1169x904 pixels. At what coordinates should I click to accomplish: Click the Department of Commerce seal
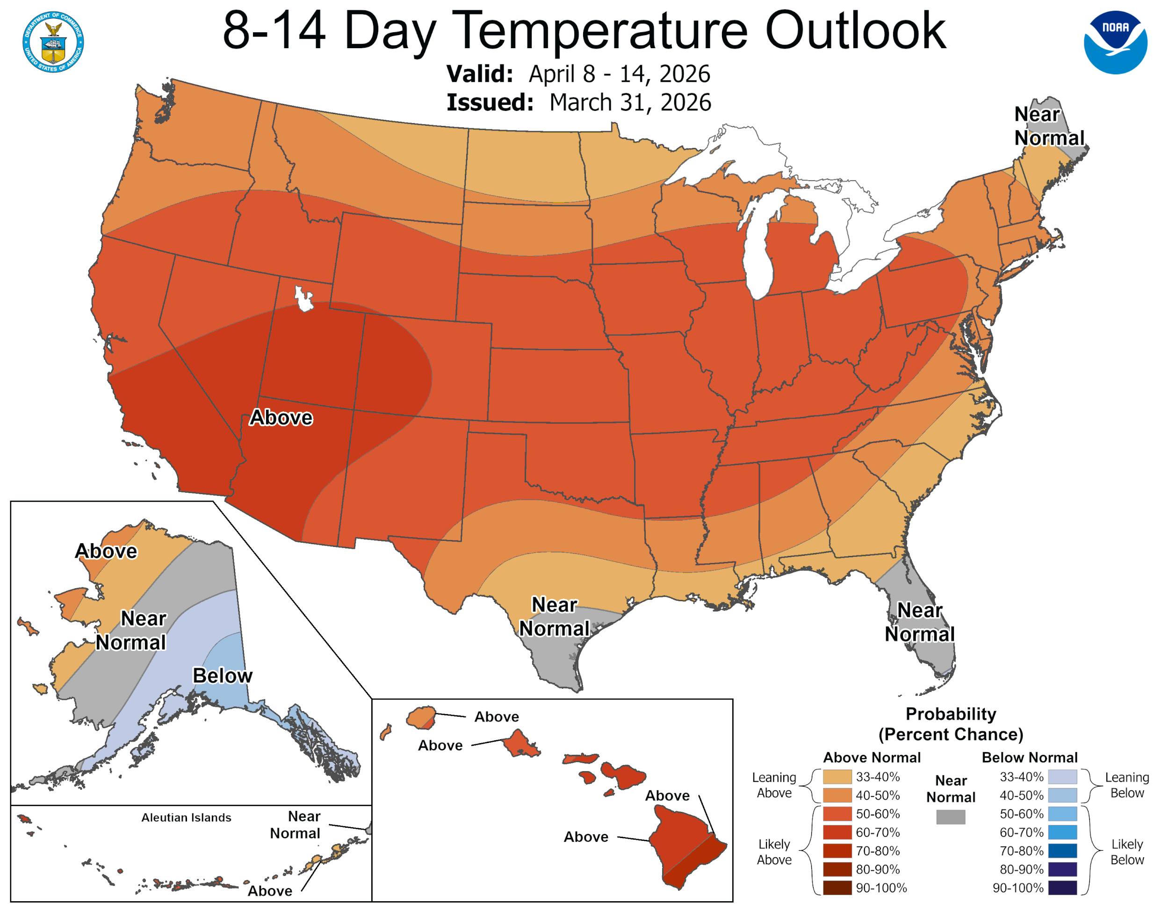click(x=53, y=42)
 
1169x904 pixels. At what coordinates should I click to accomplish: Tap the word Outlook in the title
click(x=855, y=31)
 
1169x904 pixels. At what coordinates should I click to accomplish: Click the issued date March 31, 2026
click(x=630, y=102)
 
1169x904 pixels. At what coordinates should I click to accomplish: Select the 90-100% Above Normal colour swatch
click(x=837, y=888)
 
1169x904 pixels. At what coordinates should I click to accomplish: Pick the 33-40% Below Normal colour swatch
click(x=1062, y=777)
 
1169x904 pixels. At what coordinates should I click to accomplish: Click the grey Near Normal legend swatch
click(x=951, y=817)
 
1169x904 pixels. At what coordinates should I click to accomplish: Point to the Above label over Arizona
click(x=281, y=417)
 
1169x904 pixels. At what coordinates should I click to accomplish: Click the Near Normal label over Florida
click(x=920, y=622)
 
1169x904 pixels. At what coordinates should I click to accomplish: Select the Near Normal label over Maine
click(x=1048, y=126)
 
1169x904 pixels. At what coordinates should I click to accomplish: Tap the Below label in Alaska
click(x=222, y=675)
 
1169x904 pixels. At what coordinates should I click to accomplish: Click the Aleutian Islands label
click(x=186, y=817)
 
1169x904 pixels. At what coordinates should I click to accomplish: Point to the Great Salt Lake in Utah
click(x=303, y=299)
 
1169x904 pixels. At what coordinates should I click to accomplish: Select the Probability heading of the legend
click(x=951, y=714)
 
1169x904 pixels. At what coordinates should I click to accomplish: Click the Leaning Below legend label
click(x=1127, y=785)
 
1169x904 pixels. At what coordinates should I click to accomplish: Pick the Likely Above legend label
click(x=774, y=852)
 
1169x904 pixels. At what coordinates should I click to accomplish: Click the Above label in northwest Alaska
click(x=106, y=551)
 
